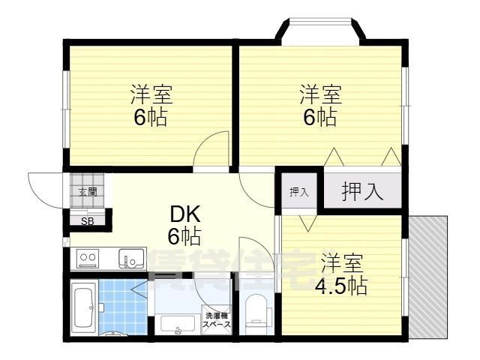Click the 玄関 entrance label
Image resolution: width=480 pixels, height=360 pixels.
tap(88, 192)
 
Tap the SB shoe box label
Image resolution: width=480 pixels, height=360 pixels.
tap(88, 220)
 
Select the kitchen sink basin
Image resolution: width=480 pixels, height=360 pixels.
tap(131, 259)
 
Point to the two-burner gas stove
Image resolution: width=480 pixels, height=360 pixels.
tap(87, 259)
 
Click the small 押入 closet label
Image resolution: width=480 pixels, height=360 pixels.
tap(299, 192)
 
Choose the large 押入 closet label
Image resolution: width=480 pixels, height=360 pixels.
tap(363, 192)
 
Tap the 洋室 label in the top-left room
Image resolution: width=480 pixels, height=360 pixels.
tap(151, 95)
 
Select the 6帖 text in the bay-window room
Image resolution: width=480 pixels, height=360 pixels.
tap(320, 117)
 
